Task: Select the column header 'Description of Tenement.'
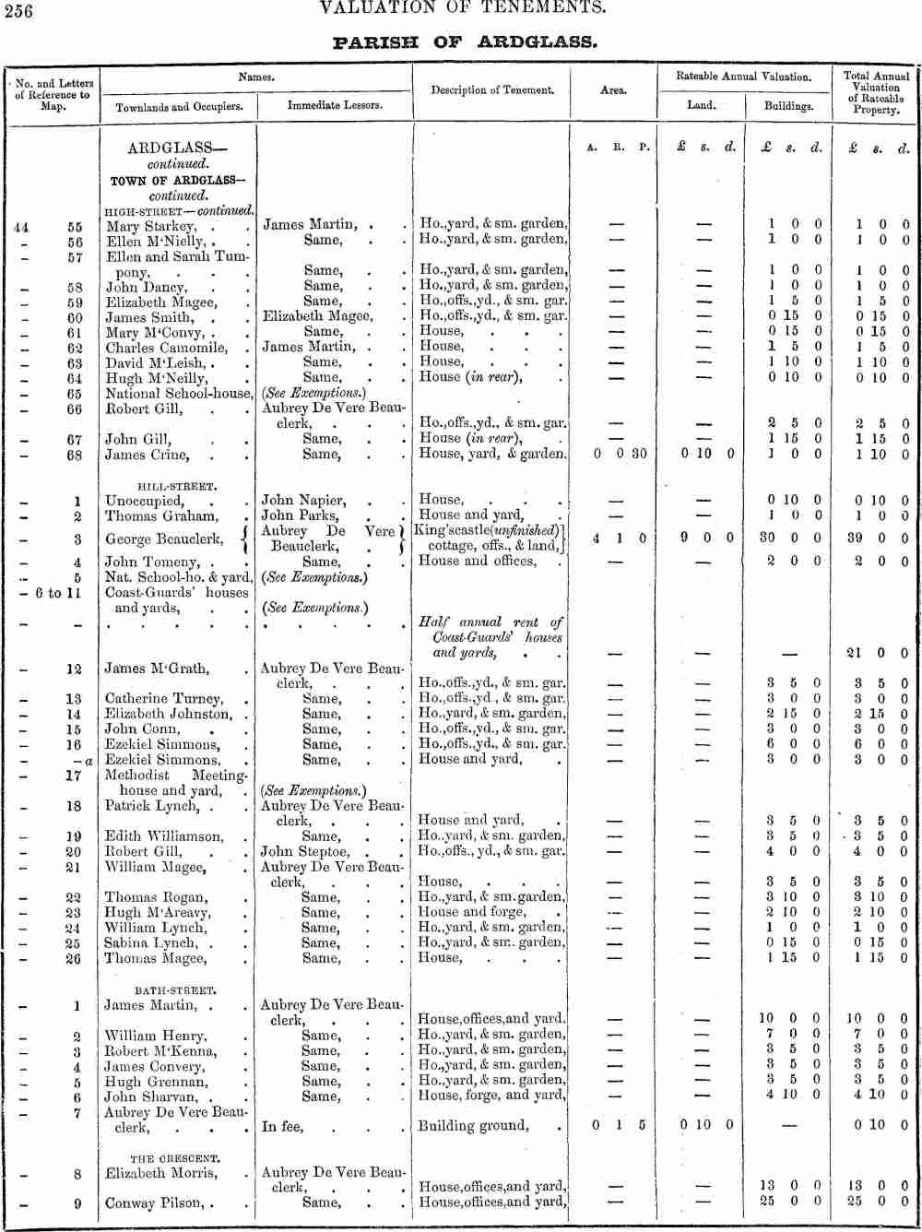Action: (x=491, y=90)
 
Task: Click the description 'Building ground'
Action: (x=474, y=1126)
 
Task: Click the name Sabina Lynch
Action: (x=149, y=943)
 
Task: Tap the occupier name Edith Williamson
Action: (x=164, y=836)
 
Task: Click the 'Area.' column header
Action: (x=613, y=90)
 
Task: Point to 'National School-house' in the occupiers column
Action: (x=179, y=393)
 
